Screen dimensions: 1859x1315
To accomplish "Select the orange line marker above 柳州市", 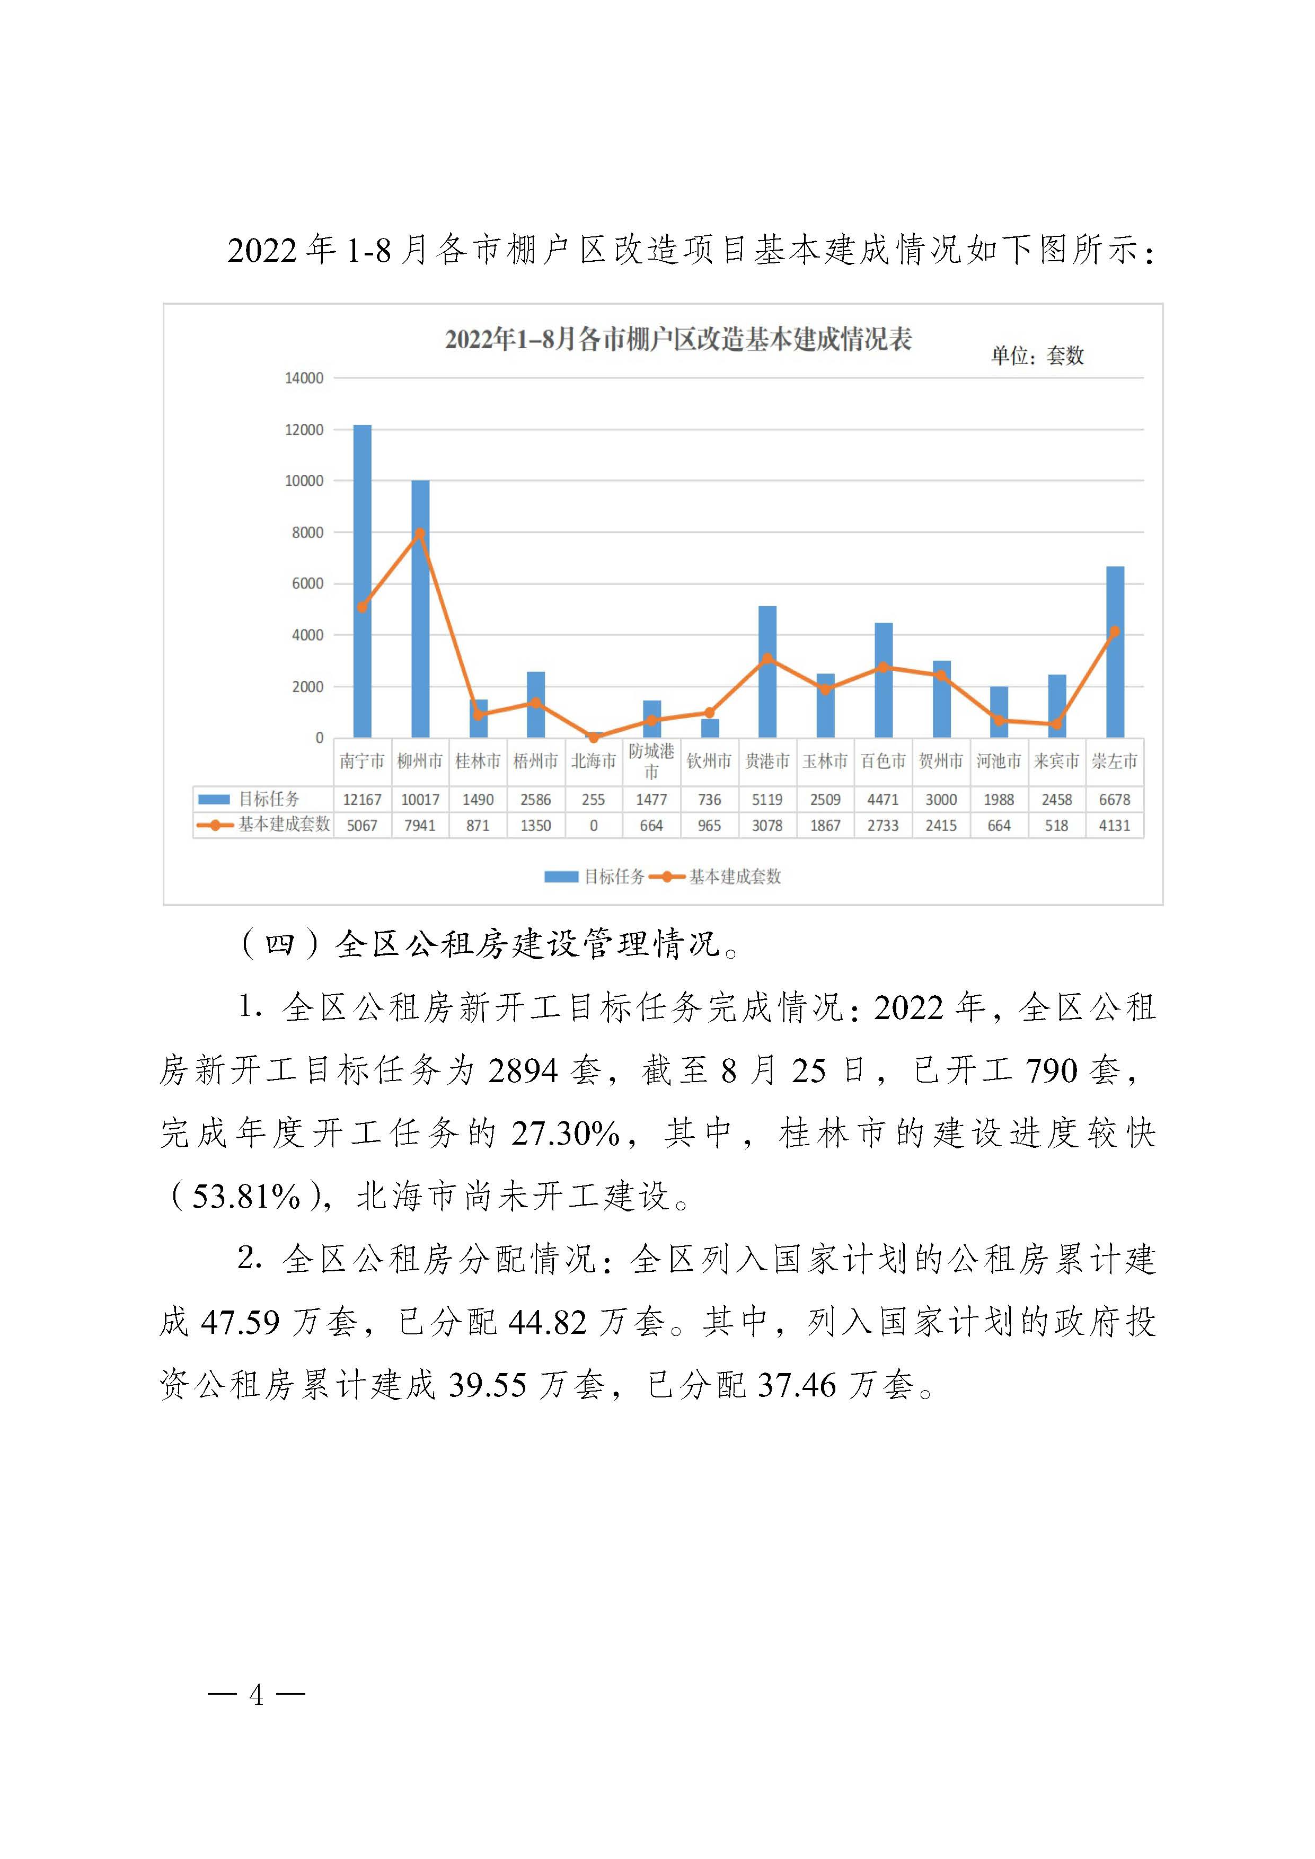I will click(x=419, y=534).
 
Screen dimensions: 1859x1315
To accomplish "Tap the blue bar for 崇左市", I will click(x=1115, y=652).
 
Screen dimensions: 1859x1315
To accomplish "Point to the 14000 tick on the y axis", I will click(x=304, y=378).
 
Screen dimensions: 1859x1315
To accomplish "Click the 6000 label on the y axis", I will click(x=307, y=584).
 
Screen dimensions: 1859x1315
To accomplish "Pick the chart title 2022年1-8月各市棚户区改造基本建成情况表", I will click(x=678, y=339).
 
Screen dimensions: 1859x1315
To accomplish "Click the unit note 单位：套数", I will click(x=1037, y=356).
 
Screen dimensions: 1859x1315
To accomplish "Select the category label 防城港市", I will click(x=651, y=761).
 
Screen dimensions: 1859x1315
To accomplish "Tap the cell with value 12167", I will click(x=362, y=799).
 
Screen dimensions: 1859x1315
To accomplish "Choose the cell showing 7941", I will click(x=419, y=825).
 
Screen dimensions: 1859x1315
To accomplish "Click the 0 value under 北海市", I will click(x=594, y=825).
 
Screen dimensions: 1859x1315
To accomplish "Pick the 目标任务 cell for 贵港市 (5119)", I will click(x=767, y=799).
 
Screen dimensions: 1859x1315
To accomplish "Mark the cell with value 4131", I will click(x=1114, y=825).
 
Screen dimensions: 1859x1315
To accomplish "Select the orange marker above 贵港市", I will click(x=767, y=658).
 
